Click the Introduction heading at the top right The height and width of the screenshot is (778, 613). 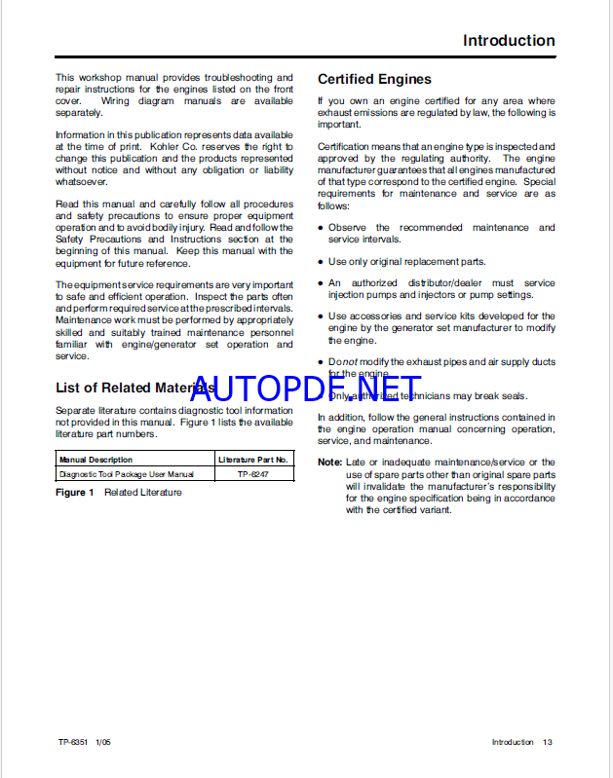pos(509,41)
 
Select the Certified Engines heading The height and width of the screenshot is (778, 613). pos(374,79)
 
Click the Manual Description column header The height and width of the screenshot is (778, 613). pos(96,460)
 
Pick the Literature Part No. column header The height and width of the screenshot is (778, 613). pos(253,460)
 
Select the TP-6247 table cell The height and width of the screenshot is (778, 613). pos(253,474)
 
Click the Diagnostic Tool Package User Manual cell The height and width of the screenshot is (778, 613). pos(126,474)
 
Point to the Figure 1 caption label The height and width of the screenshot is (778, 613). pos(74,493)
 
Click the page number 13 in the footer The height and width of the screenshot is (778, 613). pos(548,742)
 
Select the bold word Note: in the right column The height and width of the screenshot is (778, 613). pos(329,463)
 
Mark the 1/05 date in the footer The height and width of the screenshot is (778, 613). pos(103,742)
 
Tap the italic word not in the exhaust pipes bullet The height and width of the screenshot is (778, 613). pos(349,362)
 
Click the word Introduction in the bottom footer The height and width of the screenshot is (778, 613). pos(512,742)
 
